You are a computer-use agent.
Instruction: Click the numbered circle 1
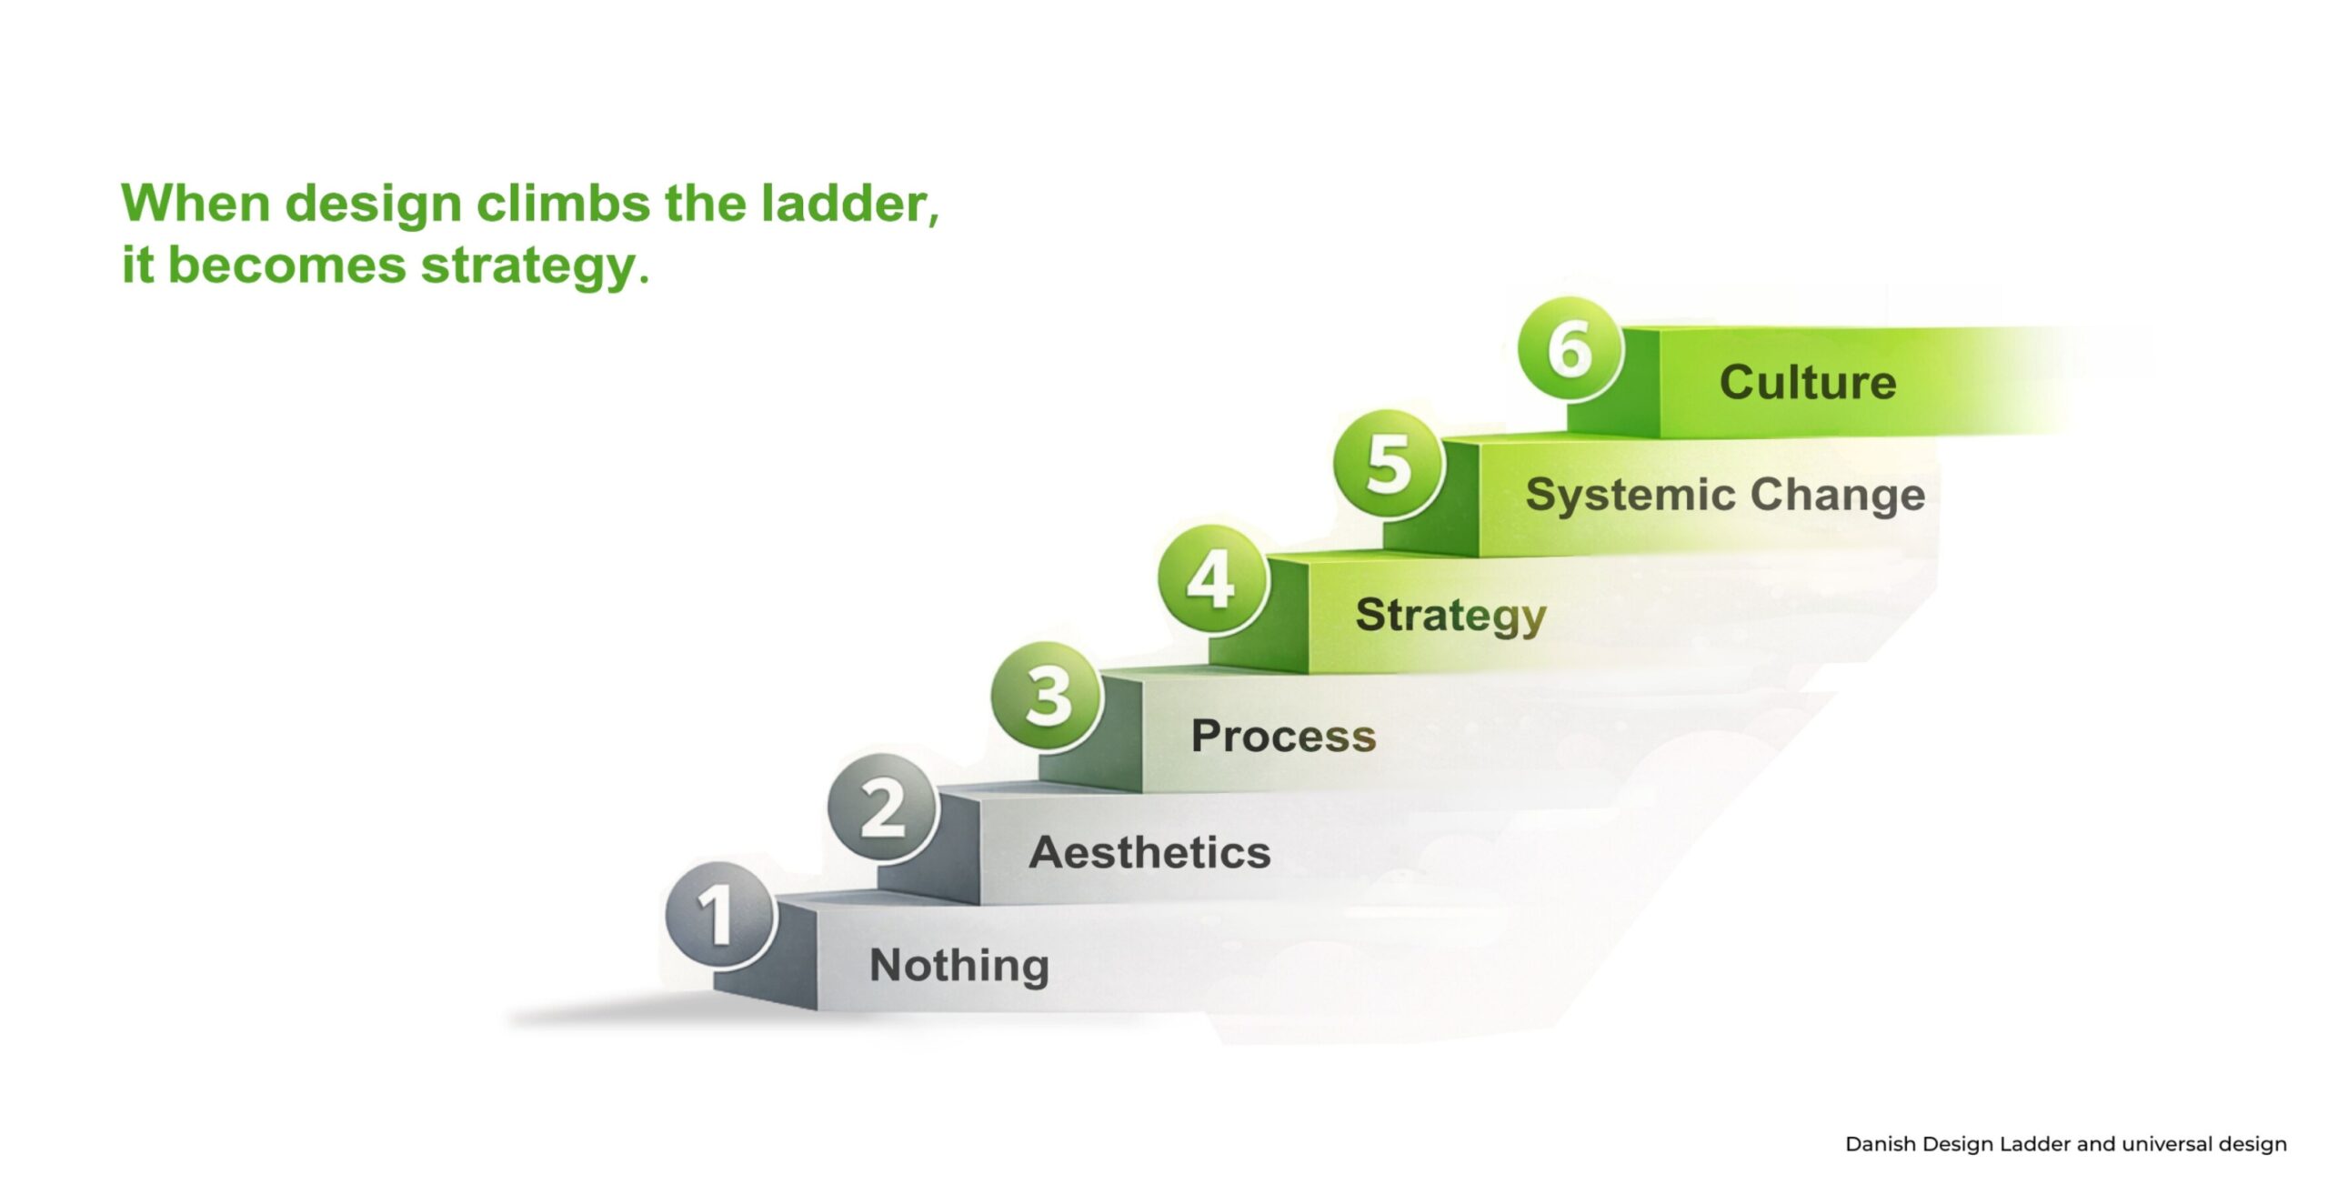point(720,915)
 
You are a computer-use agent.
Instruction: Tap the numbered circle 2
point(883,808)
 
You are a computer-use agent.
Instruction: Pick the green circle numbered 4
point(1213,580)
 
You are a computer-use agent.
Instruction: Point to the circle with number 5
point(1389,465)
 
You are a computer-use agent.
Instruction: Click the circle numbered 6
point(1570,349)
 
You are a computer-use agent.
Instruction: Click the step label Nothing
point(959,966)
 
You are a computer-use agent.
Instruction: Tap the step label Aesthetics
point(1150,853)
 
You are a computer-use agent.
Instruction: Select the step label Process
point(1283,736)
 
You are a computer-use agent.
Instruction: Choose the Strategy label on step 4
point(1451,617)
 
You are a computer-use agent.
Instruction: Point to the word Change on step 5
point(1838,497)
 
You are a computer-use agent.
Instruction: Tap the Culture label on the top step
point(1808,382)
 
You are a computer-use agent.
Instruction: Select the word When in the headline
point(196,203)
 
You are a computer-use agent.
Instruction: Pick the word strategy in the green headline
point(536,267)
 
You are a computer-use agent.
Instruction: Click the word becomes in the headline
point(287,266)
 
